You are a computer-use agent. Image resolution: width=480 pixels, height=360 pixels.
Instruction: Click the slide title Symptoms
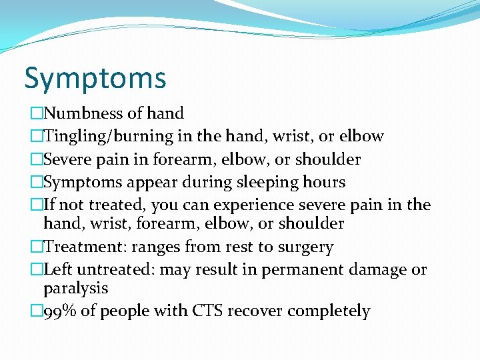(95, 78)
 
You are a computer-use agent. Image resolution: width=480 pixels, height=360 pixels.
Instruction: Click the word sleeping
(273, 182)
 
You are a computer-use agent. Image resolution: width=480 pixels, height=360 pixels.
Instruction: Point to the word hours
(324, 182)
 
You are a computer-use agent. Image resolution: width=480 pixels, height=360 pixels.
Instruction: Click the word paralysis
(75, 289)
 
